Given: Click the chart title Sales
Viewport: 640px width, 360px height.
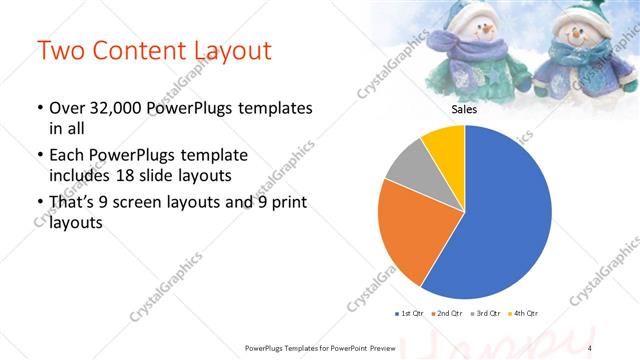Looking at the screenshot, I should pos(465,110).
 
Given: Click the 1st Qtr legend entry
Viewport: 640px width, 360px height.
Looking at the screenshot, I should pos(411,314).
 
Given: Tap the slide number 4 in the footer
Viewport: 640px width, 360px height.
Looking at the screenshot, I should pos(590,346).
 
